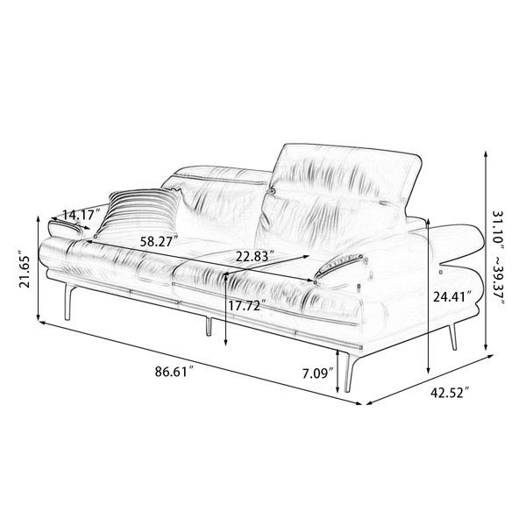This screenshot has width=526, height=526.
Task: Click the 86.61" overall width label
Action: [x=174, y=372]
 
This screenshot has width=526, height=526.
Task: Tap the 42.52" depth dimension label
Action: [x=451, y=392]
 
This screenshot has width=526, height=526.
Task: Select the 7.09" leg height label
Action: [x=318, y=373]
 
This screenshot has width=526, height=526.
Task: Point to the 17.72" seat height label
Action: [x=247, y=306]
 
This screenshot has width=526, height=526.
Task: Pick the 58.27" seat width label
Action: [x=159, y=241]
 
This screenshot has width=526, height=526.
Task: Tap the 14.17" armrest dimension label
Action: [x=82, y=215]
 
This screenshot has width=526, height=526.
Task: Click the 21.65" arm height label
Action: [x=25, y=269]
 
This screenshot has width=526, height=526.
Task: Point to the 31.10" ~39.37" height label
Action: [x=499, y=258]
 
